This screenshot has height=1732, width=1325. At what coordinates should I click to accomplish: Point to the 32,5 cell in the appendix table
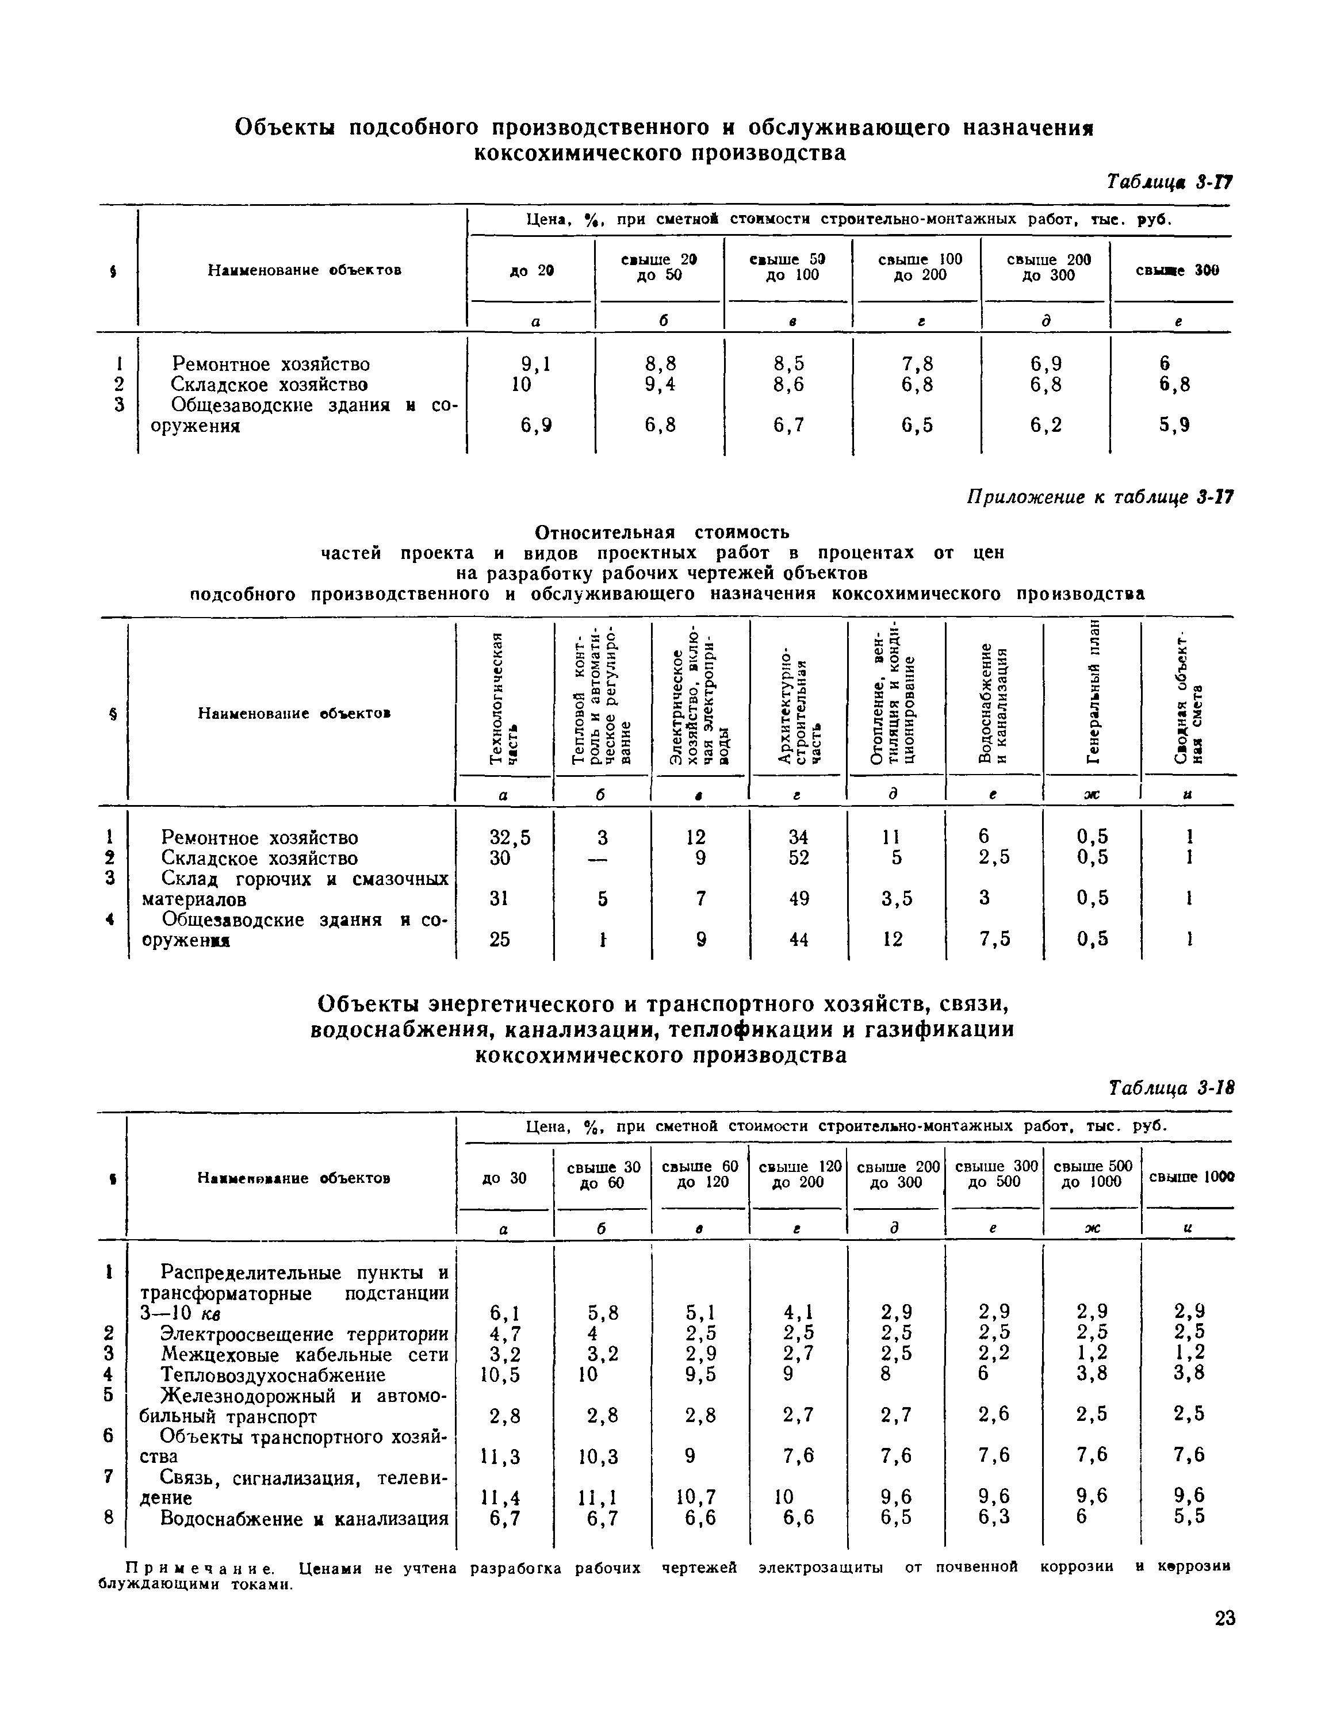point(510,837)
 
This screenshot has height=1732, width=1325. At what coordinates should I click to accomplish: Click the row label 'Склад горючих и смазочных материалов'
point(295,889)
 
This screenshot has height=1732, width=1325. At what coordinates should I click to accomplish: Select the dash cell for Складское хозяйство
point(602,858)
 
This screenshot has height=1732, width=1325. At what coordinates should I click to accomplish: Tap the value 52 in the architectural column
point(798,857)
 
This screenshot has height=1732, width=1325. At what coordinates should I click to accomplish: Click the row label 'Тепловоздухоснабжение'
point(273,1375)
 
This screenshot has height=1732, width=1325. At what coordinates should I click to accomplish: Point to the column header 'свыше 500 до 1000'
point(1092,1174)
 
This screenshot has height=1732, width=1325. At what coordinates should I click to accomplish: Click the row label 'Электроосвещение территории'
point(304,1334)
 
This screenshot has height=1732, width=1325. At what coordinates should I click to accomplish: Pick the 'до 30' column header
point(503,1178)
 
